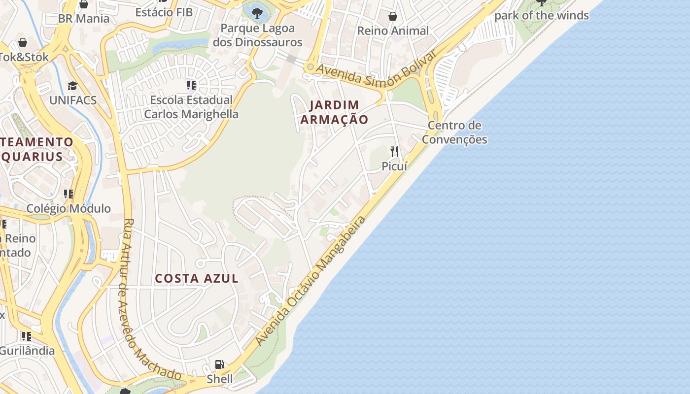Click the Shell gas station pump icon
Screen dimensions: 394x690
(x=220, y=364)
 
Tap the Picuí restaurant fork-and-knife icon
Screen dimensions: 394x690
(x=394, y=151)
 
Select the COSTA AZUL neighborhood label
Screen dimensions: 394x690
(x=197, y=278)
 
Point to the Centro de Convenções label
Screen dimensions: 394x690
(x=454, y=132)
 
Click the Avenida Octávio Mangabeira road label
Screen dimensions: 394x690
(x=311, y=281)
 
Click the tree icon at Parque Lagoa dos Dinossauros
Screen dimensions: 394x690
(x=257, y=12)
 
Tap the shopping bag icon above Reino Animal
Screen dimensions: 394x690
(x=393, y=16)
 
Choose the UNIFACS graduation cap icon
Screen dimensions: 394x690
(x=73, y=86)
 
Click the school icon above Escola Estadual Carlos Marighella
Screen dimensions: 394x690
(x=191, y=85)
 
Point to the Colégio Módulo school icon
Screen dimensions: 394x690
(x=69, y=194)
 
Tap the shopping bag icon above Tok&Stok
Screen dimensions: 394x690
(x=23, y=42)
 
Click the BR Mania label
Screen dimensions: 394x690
(x=84, y=19)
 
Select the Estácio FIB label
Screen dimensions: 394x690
(x=164, y=12)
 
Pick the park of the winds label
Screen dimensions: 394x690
(x=541, y=15)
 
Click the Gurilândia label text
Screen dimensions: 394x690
(x=27, y=351)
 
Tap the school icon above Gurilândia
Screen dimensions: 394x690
(x=26, y=336)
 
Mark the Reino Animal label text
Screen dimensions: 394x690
(x=393, y=31)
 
